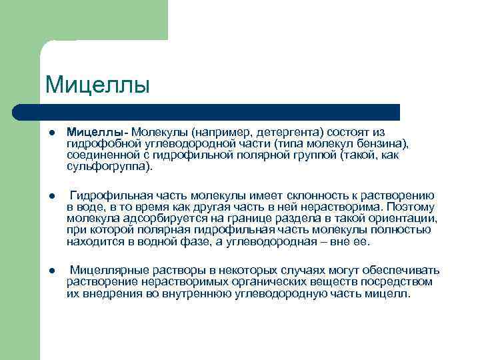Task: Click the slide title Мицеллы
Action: [x=97, y=85]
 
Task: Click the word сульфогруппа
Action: [x=107, y=166]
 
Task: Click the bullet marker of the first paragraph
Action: [x=51, y=133]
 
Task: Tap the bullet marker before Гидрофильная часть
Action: [x=51, y=196]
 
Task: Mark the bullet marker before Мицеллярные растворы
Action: [x=51, y=271]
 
